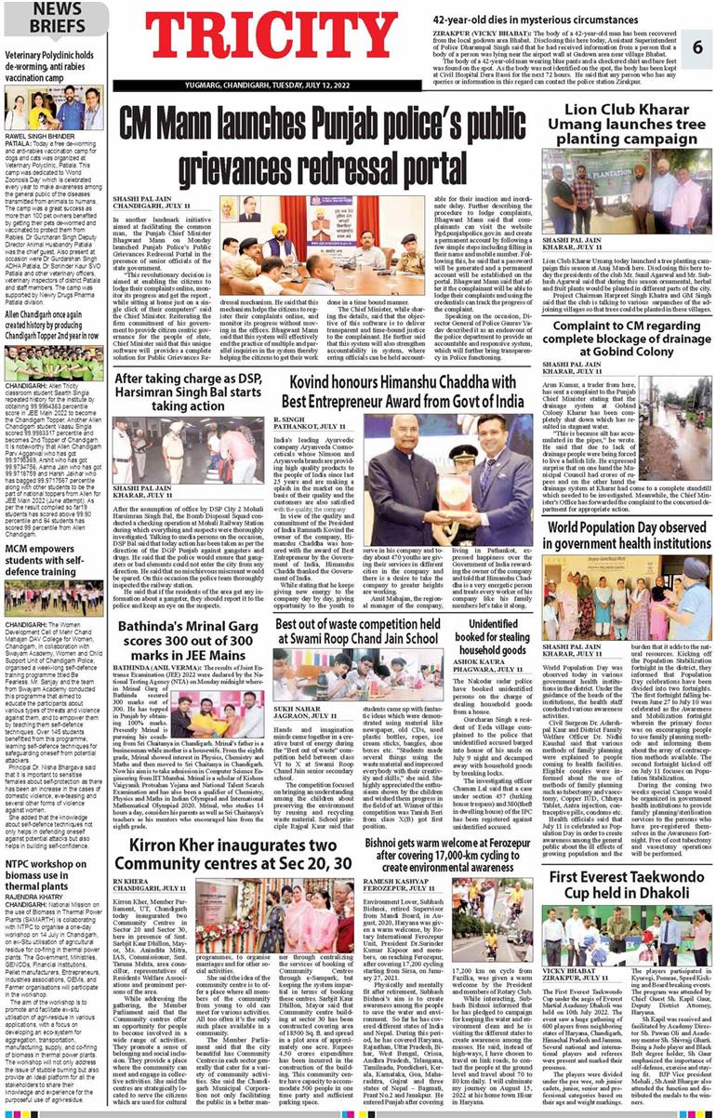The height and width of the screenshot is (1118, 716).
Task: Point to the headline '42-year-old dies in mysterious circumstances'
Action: (x=528, y=18)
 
